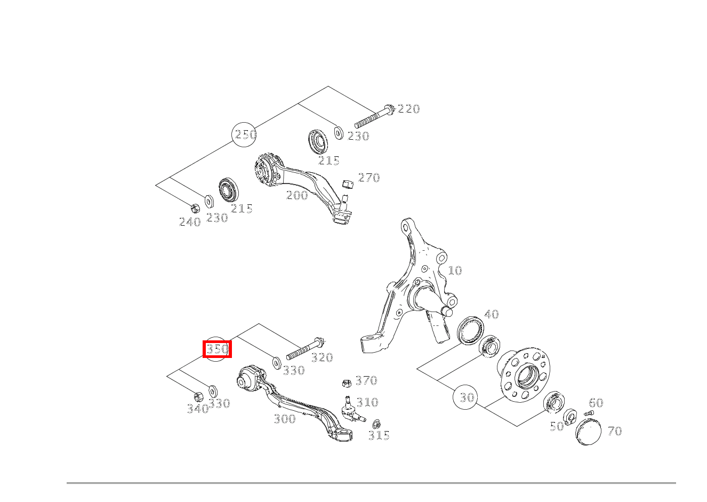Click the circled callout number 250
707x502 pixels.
tap(245, 134)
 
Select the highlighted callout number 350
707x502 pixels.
tap(217, 349)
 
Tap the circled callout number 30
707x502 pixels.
tap(467, 397)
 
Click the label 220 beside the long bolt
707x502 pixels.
tap(408, 109)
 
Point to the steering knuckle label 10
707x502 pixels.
tap(454, 270)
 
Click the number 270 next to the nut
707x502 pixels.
tap(368, 178)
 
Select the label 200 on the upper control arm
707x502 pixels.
tap(297, 196)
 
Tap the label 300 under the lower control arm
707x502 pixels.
tap(285, 419)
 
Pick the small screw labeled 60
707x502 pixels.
tap(589, 413)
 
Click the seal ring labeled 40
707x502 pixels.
tap(470, 330)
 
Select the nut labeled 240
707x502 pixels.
tap(195, 207)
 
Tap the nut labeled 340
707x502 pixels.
tap(197, 397)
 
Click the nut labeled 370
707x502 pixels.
tap(346, 383)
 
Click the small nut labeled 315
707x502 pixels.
tap(376, 424)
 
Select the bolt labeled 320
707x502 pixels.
tap(306, 348)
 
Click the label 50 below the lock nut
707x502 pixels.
tap(557, 426)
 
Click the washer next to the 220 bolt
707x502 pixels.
tap(338, 132)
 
